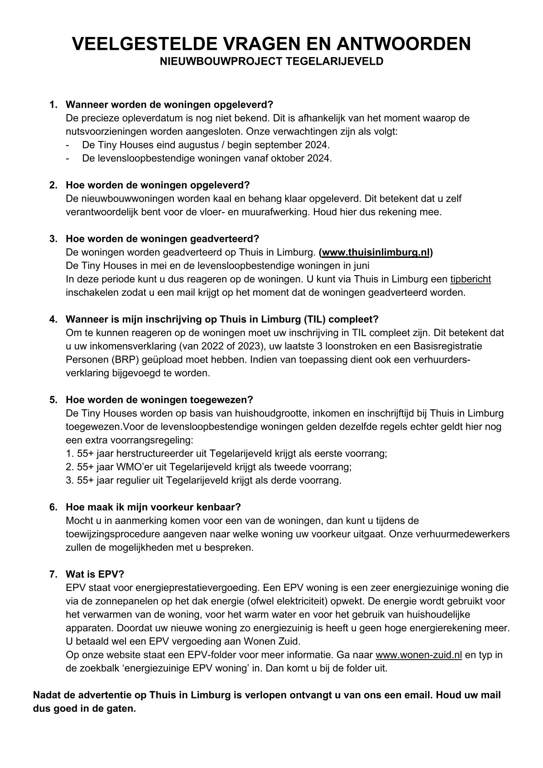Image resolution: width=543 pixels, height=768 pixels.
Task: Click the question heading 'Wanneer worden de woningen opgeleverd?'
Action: click(x=169, y=104)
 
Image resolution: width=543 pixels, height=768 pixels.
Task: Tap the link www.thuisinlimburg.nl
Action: click(x=376, y=252)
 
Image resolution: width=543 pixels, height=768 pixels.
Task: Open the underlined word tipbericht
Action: click(x=470, y=279)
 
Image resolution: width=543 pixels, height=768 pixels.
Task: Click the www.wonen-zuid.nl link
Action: click(x=419, y=655)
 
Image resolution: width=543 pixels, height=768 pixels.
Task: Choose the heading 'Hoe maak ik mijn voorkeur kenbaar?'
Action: click(x=153, y=507)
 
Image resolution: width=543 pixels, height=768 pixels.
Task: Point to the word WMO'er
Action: click(x=117, y=467)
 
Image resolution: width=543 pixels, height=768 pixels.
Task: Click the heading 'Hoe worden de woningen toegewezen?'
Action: click(x=159, y=400)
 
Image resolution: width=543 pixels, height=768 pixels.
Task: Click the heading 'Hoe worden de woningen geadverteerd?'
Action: click(x=162, y=239)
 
